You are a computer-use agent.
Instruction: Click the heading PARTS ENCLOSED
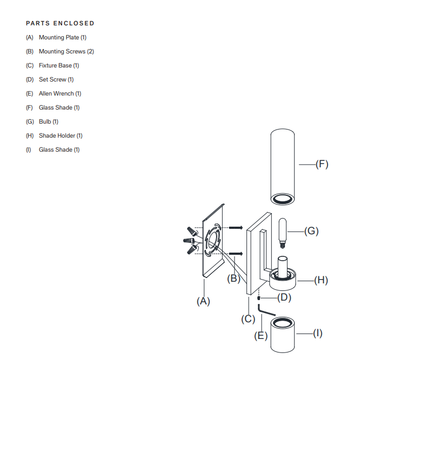coord(60,23)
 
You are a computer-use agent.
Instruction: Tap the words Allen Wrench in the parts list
coord(56,93)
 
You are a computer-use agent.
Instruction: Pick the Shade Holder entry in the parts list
coord(57,135)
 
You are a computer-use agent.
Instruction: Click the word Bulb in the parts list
coord(45,121)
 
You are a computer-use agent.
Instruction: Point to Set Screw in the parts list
coord(52,79)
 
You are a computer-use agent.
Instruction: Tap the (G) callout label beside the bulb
coord(311,231)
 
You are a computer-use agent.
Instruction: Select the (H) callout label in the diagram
coord(320,280)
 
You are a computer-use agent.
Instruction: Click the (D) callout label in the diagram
coord(284,297)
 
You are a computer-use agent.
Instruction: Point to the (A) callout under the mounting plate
coord(203,301)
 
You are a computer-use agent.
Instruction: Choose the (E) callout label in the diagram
coord(261,336)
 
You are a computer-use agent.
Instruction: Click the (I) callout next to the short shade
coord(317,334)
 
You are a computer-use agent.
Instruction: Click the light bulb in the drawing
coord(283,230)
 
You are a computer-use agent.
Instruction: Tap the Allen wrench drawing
coord(265,312)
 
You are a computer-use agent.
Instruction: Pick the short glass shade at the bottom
coord(283,336)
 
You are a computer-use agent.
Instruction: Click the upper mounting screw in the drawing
coord(235,227)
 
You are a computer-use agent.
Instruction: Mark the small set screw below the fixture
coord(259,297)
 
